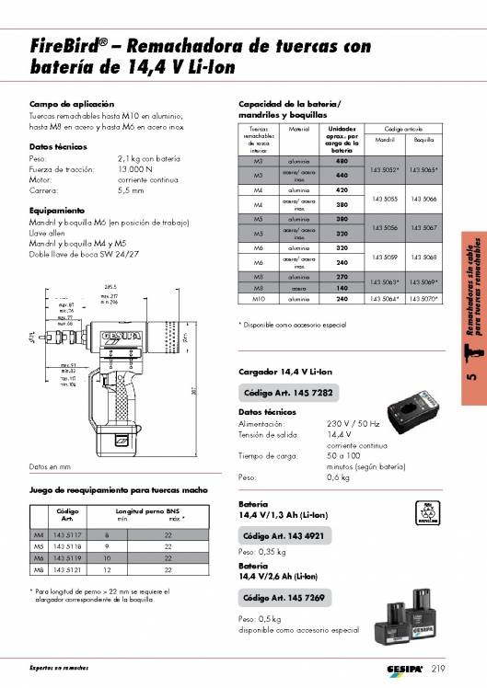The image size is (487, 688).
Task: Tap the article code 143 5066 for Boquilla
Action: pyautogui.click(x=423, y=198)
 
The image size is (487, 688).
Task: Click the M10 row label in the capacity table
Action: pyautogui.click(x=258, y=299)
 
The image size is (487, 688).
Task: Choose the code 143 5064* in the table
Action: pyautogui.click(x=385, y=299)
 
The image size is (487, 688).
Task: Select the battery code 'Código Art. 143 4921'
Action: pyautogui.click(x=284, y=535)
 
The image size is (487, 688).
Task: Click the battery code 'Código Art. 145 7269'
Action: pyautogui.click(x=284, y=598)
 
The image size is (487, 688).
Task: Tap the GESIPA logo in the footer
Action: pyautogui.click(x=399, y=668)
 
